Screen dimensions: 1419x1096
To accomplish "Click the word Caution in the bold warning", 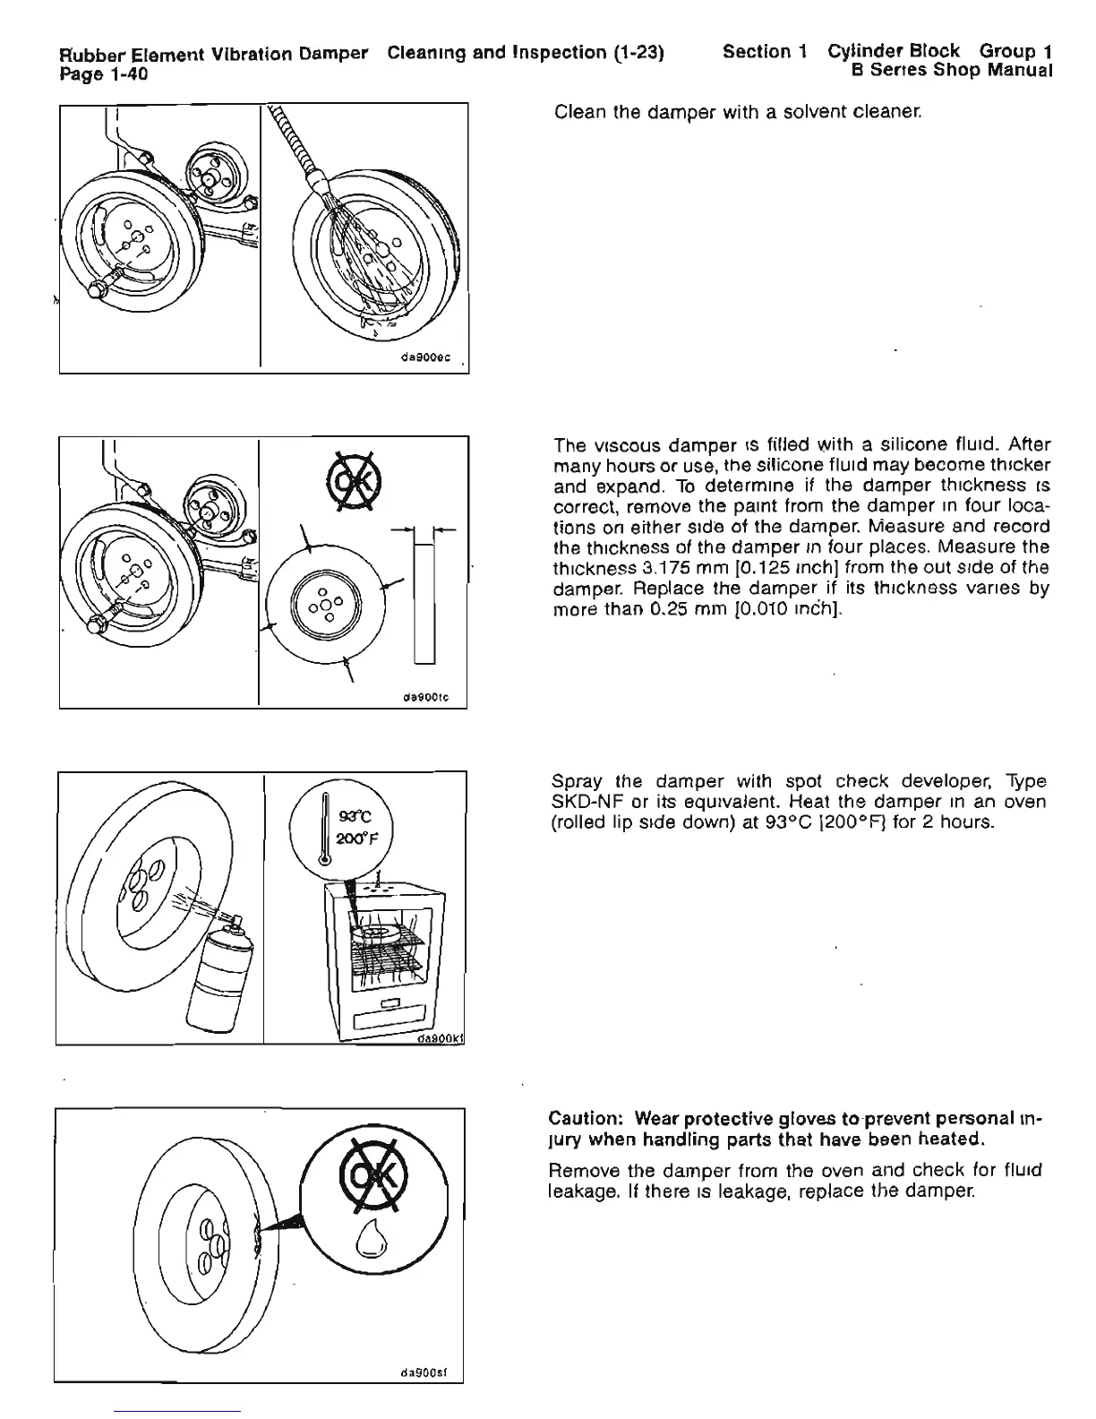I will [x=585, y=1120].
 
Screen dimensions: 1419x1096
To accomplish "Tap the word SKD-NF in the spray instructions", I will [x=584, y=801].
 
